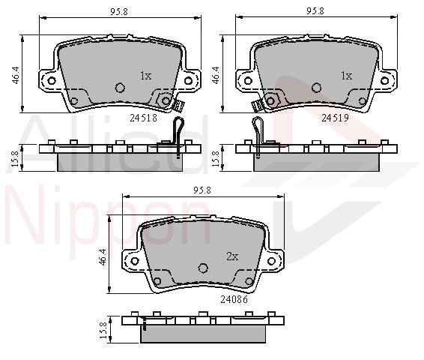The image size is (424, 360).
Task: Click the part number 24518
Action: point(143,118)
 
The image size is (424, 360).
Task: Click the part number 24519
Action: point(335,118)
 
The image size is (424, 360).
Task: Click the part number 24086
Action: point(234,299)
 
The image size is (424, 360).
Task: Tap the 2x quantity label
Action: point(232,256)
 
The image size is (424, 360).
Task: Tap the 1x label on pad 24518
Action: point(146,76)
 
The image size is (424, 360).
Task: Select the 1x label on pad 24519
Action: point(346,76)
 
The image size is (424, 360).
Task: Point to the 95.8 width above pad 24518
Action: point(119,12)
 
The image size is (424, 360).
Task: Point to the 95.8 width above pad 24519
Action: point(315,11)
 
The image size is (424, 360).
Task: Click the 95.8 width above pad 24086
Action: point(202,190)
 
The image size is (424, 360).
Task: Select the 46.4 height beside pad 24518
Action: point(16,75)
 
